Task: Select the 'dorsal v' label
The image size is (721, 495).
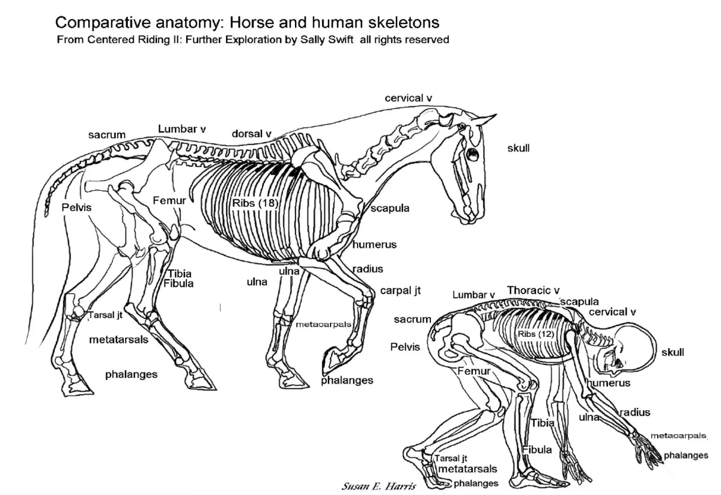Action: tap(252, 133)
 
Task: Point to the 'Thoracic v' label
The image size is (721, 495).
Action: tap(534, 291)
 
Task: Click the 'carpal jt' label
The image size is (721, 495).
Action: tap(400, 291)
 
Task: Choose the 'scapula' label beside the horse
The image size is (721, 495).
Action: tap(390, 209)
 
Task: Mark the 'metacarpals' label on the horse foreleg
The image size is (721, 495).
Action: tap(323, 324)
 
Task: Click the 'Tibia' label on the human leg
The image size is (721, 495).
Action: tap(542, 423)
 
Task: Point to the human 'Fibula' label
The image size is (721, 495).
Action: tap(537, 450)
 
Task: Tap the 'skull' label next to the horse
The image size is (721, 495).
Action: tap(519, 147)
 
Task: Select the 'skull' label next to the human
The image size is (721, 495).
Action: tap(672, 352)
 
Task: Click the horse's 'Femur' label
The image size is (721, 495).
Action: tap(169, 200)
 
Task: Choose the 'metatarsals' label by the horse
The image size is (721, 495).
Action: tap(118, 340)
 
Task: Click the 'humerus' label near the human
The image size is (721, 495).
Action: tap(609, 383)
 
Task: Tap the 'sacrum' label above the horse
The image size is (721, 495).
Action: tap(107, 135)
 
